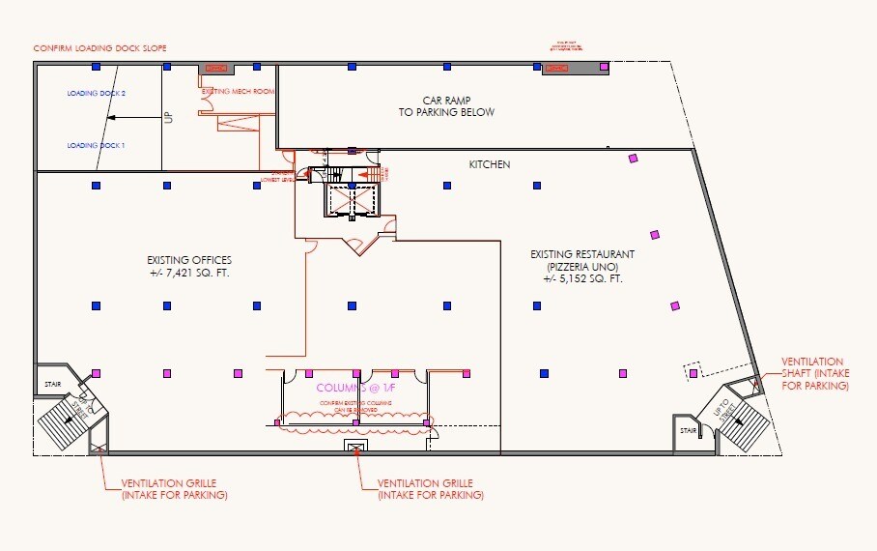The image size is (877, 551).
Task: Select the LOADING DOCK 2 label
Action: (x=97, y=94)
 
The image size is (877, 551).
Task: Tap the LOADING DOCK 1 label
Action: (x=97, y=145)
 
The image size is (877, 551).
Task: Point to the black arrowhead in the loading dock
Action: (x=110, y=118)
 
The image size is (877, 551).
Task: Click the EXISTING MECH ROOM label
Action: (x=238, y=90)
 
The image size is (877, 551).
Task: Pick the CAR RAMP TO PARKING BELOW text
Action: (x=446, y=106)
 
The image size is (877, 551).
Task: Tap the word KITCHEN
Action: (x=490, y=164)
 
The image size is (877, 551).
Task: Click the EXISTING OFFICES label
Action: (x=189, y=260)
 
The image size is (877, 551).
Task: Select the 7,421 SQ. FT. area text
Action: (x=189, y=274)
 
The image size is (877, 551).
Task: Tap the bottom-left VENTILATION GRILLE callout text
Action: (x=175, y=488)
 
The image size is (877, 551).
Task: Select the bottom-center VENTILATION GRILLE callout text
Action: (x=431, y=488)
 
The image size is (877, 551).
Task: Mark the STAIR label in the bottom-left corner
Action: (x=51, y=383)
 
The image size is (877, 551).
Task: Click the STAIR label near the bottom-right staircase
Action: (x=687, y=431)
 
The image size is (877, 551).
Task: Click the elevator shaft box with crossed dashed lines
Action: (x=352, y=200)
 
